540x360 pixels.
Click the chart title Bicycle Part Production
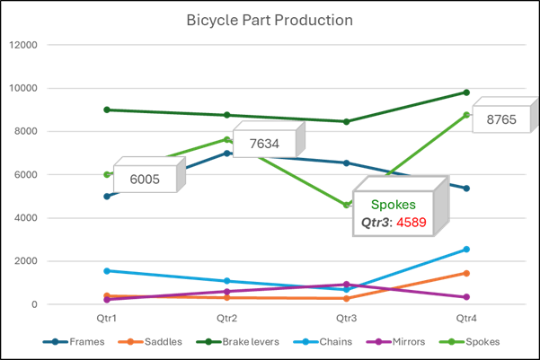[x=270, y=20]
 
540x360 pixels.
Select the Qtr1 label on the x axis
[x=107, y=319]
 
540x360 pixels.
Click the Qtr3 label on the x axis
[x=347, y=319]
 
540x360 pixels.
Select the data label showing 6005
[x=145, y=179]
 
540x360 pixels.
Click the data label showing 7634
[x=264, y=144]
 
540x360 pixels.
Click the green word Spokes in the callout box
[x=394, y=205]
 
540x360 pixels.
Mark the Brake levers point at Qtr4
[x=466, y=92]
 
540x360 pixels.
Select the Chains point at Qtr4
[x=466, y=250]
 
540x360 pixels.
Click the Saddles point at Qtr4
[x=466, y=273]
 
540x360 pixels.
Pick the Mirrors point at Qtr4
[x=466, y=297]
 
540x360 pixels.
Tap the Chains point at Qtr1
[x=107, y=271]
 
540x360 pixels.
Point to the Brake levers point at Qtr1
[x=107, y=110]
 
